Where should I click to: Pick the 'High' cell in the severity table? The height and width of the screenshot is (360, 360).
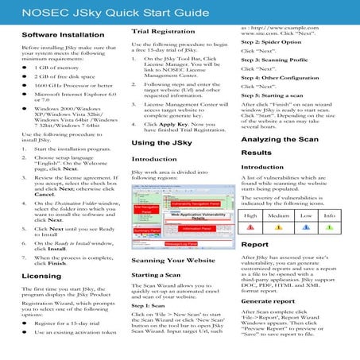[252, 215]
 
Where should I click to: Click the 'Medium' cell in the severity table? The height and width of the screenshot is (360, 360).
[278, 215]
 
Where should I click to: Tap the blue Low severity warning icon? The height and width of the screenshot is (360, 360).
[306, 227]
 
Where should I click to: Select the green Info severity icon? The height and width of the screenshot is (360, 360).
[329, 227]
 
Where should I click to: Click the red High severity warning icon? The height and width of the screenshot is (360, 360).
[252, 227]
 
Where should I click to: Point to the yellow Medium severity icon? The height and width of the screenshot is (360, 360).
[278, 227]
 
